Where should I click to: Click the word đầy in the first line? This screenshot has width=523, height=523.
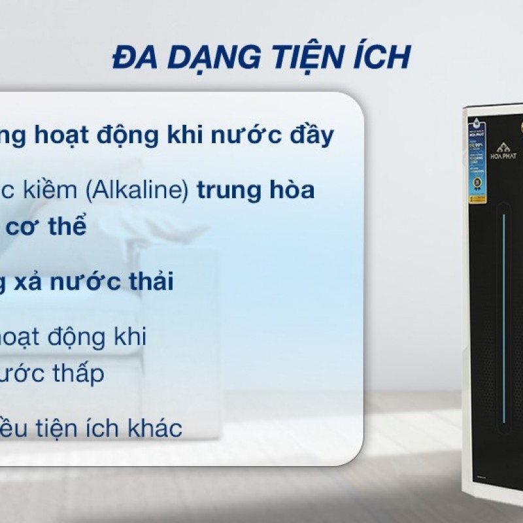[x=310, y=137]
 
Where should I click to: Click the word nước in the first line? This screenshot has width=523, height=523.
[x=239, y=137]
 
